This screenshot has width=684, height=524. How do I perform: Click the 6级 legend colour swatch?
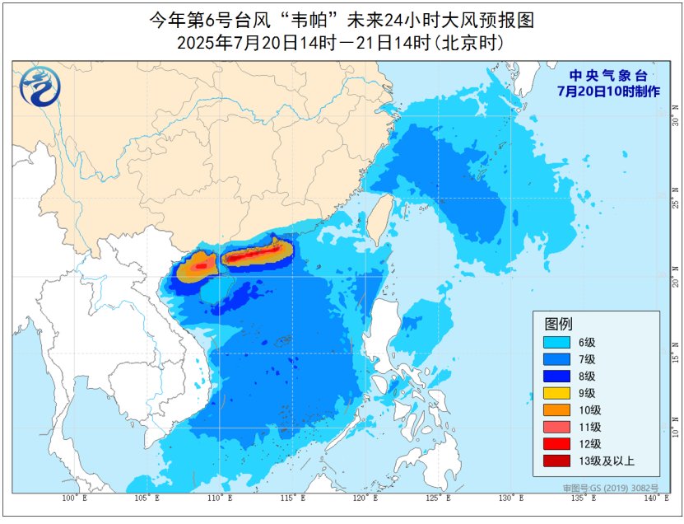pos(560,341)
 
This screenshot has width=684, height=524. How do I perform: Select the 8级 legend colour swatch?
pos(560,376)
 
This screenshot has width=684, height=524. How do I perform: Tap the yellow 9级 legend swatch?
pos(560,393)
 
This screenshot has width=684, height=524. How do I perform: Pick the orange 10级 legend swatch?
pos(560,409)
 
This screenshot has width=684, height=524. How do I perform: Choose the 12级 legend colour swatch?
pos(560,444)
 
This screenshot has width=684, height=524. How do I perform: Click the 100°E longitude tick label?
pos(70,499)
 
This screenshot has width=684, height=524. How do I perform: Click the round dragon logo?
pos(38,87)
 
